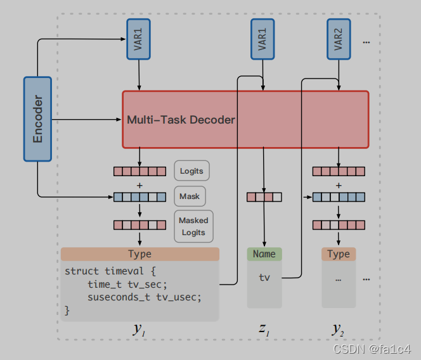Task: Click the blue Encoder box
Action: pos(38,119)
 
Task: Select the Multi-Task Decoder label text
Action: pos(181,120)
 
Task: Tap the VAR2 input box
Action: pos(339,40)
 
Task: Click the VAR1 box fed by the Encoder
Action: pos(139,40)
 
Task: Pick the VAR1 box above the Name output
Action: pos(262,40)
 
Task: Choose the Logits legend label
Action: pos(191,170)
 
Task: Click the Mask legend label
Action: pos(190,196)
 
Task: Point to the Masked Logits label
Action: pos(193,226)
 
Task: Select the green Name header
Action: pos(264,254)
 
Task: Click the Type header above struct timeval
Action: pos(139,254)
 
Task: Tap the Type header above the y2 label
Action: pos(339,254)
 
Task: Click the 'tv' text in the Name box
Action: pos(264,278)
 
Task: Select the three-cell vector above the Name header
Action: pos(264,197)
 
